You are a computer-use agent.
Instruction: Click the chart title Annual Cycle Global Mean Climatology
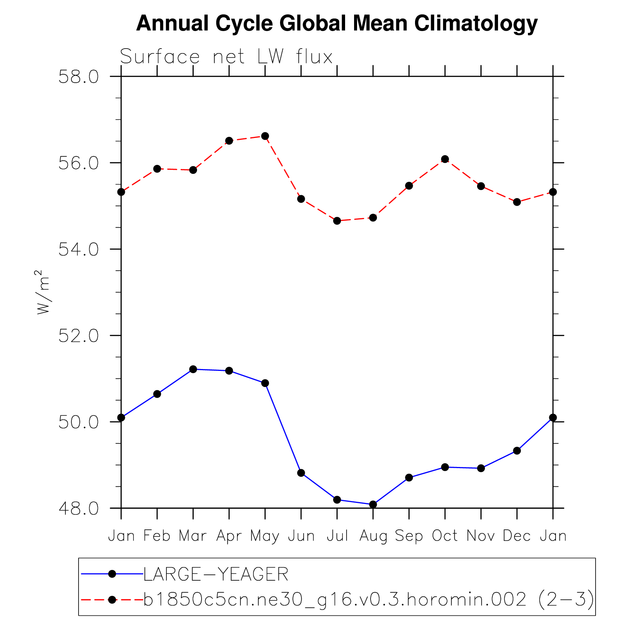pyautogui.click(x=336, y=23)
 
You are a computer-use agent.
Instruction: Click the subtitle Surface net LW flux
pyautogui.click(x=226, y=57)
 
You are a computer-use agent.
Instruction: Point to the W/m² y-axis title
pyautogui.click(x=43, y=292)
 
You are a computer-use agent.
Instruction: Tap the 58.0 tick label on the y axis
pyautogui.click(x=79, y=77)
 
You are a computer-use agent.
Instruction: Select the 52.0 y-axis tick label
pyautogui.click(x=79, y=336)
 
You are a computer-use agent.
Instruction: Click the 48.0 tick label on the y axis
pyautogui.click(x=79, y=508)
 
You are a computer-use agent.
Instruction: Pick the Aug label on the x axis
pyautogui.click(x=373, y=536)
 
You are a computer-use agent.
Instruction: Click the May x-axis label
pyautogui.click(x=265, y=536)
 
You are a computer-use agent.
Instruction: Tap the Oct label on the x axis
pyautogui.click(x=445, y=536)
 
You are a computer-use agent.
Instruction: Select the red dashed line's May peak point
pyautogui.click(x=265, y=136)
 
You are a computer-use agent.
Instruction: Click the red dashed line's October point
pyautogui.click(x=445, y=159)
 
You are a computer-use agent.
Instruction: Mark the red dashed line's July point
pyautogui.click(x=337, y=221)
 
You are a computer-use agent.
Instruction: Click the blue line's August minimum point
pyautogui.click(x=373, y=504)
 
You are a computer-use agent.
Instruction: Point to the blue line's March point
pyautogui.click(x=193, y=369)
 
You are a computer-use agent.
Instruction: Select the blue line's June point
pyautogui.click(x=301, y=473)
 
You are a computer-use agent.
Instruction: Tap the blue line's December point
pyautogui.click(x=517, y=451)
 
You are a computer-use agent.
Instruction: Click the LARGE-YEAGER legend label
pyautogui.click(x=216, y=574)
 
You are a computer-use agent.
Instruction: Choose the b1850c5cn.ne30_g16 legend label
pyautogui.click(x=368, y=600)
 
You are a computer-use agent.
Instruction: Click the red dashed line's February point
pyautogui.click(x=157, y=169)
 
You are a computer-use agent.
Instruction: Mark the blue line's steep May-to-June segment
pyautogui.click(x=283, y=428)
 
